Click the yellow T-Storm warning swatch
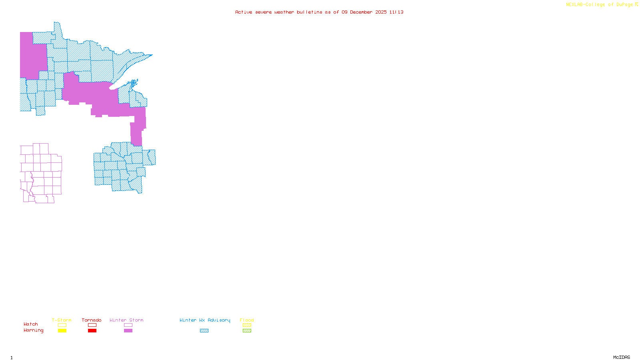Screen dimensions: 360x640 click(62, 331)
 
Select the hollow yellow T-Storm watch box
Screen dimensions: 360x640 click(62, 325)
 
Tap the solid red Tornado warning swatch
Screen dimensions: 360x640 click(92, 331)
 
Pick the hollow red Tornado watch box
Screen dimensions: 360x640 click(92, 325)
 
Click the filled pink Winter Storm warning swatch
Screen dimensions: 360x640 click(128, 331)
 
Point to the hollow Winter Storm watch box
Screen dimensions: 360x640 click(128, 325)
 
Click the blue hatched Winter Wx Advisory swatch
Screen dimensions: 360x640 click(204, 331)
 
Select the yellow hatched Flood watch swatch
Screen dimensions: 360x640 click(247, 325)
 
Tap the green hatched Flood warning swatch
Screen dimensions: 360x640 click(247, 331)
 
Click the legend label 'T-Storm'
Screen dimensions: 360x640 click(62, 320)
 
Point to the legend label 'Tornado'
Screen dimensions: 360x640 click(92, 320)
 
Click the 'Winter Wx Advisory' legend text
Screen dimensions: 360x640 click(205, 320)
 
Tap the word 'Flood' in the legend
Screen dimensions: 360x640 click(247, 320)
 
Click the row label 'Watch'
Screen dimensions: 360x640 click(31, 324)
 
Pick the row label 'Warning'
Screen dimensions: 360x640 click(33, 330)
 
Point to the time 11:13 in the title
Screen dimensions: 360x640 click(396, 12)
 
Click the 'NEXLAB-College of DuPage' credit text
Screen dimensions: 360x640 click(599, 5)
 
